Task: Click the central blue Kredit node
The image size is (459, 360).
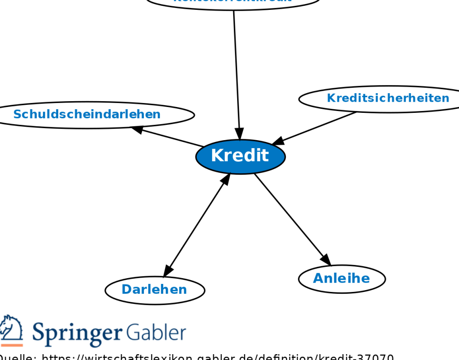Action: pyautogui.click(x=240, y=156)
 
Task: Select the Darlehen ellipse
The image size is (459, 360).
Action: pyautogui.click(x=155, y=290)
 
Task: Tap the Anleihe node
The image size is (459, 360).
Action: pyautogui.click(x=342, y=279)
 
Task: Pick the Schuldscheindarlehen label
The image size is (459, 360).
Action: pyautogui.click(x=87, y=114)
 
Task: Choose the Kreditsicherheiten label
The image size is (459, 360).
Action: pyautogui.click(x=388, y=98)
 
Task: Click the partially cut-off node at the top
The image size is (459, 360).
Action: pyautogui.click(x=233, y=3)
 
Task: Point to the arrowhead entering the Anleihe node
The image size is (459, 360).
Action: pyautogui.click(x=326, y=260)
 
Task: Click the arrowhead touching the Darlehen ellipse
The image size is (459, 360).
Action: pyautogui.click(x=168, y=271)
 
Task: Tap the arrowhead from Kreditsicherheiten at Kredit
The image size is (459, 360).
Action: pyautogui.click(x=278, y=141)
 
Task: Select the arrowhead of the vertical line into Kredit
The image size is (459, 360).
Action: pyautogui.click(x=239, y=134)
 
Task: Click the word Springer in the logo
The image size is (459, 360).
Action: pyautogui.click(x=77, y=333)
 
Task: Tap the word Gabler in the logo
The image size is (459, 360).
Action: pyautogui.click(x=156, y=332)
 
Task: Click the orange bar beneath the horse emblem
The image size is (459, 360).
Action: pyautogui.click(x=12, y=345)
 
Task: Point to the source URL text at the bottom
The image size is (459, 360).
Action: pyautogui.click(x=197, y=357)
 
